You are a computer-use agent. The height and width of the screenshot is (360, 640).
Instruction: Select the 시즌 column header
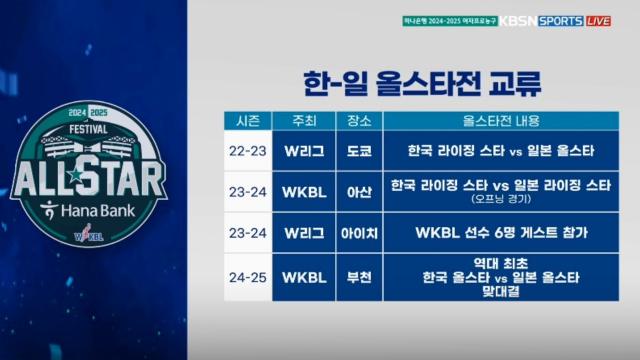pyautogui.click(x=248, y=121)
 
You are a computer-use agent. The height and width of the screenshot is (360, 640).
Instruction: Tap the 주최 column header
pyautogui.click(x=305, y=121)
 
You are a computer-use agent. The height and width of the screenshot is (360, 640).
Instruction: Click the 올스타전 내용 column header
pyautogui.click(x=500, y=121)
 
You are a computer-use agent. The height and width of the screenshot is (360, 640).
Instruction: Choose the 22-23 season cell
pyautogui.click(x=248, y=151)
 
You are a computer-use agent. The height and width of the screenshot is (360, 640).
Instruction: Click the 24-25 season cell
pyautogui.click(x=248, y=277)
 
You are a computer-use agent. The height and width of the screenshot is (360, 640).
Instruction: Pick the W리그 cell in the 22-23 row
pyautogui.click(x=305, y=151)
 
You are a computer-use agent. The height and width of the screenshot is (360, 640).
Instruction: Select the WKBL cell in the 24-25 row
pyautogui.click(x=305, y=277)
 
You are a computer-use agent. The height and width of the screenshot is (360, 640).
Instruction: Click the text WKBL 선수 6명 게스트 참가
pyautogui.click(x=500, y=233)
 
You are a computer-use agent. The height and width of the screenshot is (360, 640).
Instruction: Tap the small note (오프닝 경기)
pyautogui.click(x=500, y=200)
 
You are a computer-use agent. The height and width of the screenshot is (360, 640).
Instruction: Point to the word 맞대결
pyautogui.click(x=500, y=294)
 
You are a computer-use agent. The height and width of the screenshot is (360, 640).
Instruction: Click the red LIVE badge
pyautogui.click(x=598, y=21)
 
